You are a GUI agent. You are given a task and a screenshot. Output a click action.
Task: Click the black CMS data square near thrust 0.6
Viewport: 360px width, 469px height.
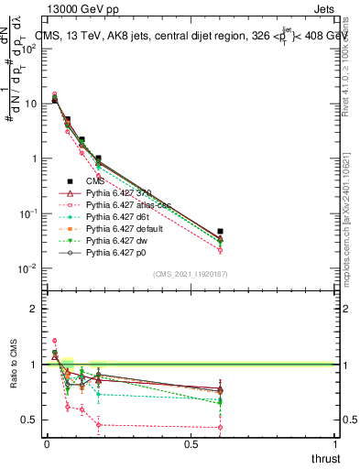(x=220, y=233)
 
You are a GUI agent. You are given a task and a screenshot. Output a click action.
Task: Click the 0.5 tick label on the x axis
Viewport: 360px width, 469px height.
(x=191, y=443)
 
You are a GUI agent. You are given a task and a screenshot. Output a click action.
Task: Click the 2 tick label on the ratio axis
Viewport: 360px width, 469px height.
(x=32, y=309)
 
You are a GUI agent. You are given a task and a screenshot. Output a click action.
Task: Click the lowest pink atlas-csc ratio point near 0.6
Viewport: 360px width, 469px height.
(x=220, y=428)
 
